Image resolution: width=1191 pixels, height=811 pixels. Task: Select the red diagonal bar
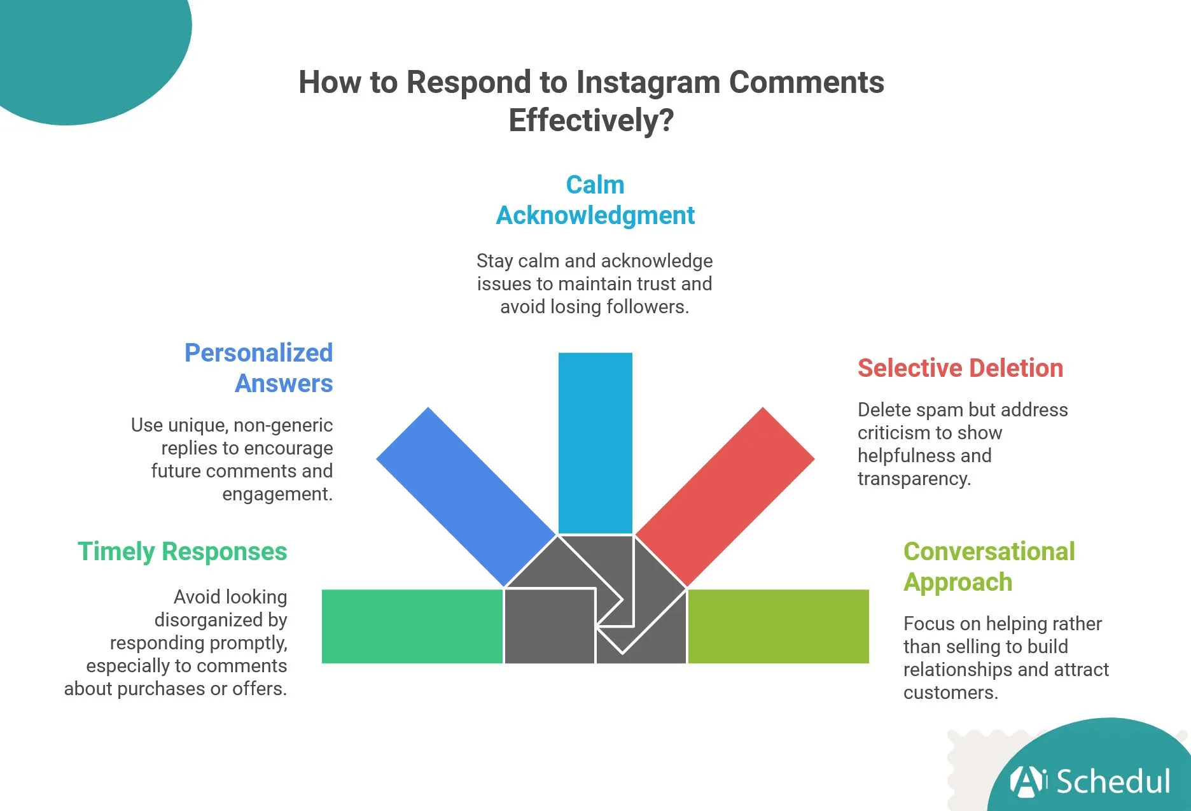coord(725,497)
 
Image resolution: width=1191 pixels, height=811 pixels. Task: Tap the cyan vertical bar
coord(595,443)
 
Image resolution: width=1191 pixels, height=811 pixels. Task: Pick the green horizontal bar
coord(412,626)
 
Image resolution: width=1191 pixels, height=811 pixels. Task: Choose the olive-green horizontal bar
coord(778,626)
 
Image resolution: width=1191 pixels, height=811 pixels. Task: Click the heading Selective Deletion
coord(960,368)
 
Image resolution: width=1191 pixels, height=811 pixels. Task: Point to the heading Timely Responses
coord(183,551)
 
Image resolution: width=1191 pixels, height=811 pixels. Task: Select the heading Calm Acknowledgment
coord(595,200)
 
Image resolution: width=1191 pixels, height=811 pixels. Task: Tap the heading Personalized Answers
coord(259,368)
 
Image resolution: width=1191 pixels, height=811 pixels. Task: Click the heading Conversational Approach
coord(989,567)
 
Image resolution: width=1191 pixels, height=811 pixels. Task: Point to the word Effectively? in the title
coord(591,120)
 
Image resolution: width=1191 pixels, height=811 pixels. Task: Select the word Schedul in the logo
coord(1113,781)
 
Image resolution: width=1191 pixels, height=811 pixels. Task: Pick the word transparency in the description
coord(914,479)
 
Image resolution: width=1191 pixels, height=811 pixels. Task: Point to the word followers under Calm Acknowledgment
coord(647,307)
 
